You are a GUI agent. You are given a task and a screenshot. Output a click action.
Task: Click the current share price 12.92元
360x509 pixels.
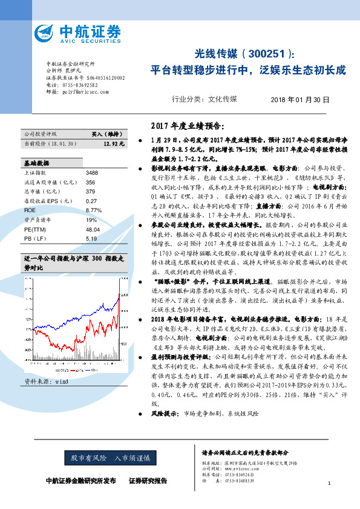pos(114,144)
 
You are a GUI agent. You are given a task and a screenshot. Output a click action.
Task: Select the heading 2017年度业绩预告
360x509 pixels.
pos(186,126)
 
